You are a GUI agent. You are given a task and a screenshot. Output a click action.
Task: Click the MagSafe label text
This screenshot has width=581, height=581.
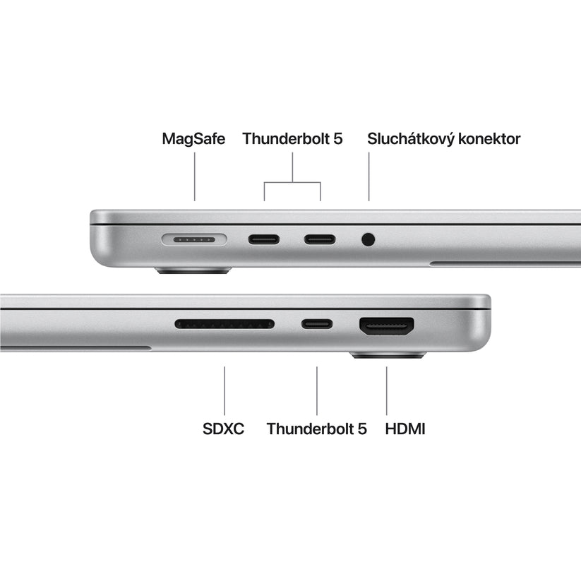(x=193, y=138)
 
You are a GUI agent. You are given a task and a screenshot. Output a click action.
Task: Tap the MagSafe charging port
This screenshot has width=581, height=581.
(x=194, y=239)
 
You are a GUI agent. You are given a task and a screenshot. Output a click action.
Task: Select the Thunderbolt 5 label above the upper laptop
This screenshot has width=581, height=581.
(x=292, y=138)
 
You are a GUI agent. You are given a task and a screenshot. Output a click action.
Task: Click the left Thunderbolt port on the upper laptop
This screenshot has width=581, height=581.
(x=263, y=239)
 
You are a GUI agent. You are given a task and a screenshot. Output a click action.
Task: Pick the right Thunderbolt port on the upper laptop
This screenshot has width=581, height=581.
(x=320, y=239)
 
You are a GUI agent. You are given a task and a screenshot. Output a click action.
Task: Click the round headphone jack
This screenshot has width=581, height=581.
(x=368, y=239)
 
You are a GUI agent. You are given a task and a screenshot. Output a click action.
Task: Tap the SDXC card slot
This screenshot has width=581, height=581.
(x=224, y=325)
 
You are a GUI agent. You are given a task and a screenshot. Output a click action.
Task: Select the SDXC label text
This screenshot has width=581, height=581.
(x=223, y=428)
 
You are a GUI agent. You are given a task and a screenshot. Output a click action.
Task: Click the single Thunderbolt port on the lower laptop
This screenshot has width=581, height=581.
(x=317, y=325)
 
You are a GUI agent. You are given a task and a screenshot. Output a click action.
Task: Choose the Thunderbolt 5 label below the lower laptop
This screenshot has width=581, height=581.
(x=317, y=428)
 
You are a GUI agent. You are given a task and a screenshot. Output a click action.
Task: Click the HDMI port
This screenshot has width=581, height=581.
(x=387, y=325)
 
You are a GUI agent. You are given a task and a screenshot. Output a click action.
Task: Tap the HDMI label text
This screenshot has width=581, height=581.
(x=406, y=428)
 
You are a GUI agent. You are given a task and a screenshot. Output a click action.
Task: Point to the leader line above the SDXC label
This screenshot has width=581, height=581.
(x=224, y=390)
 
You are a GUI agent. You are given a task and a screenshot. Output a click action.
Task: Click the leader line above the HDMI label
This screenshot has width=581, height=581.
(x=387, y=390)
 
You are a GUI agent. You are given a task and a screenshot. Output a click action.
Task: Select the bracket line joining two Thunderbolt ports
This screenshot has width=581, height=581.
(x=292, y=183)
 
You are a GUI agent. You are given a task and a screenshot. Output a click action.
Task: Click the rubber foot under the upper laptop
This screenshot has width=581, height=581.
(x=194, y=270)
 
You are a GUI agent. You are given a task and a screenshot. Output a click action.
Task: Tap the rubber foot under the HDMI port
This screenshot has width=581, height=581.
(x=388, y=354)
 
